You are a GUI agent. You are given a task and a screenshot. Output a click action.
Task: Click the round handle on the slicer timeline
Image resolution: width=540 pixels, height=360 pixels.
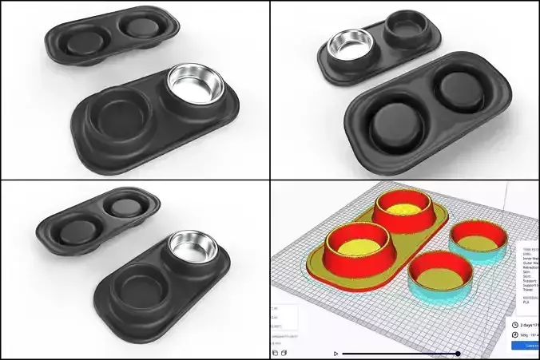click(x=458, y=353)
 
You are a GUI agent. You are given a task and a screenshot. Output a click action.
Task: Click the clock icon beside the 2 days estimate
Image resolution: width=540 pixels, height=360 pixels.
click(x=514, y=324)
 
